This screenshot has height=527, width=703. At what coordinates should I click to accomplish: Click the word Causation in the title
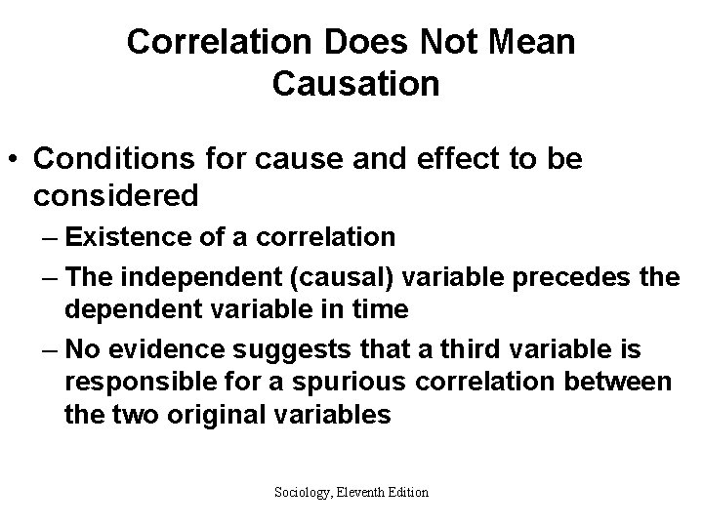point(356,84)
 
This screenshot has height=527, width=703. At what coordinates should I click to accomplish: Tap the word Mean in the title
point(526,42)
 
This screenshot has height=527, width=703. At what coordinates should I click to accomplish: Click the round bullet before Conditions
point(16,159)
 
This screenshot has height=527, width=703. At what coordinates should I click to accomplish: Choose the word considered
point(115,195)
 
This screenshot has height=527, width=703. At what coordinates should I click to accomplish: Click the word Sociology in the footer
point(302,492)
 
